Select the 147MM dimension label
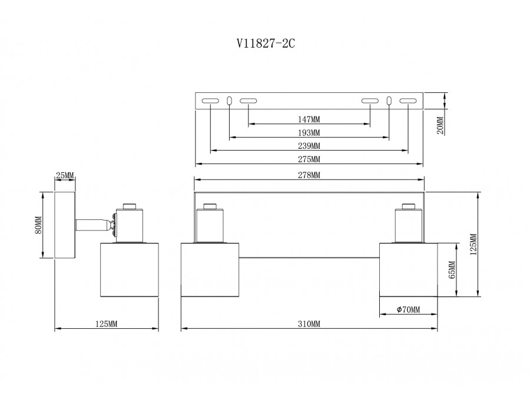click(309, 119)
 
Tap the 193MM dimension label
click(309, 132)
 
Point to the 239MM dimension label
click(309, 146)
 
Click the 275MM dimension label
click(309, 159)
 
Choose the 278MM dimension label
click(309, 175)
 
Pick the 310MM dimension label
click(309, 324)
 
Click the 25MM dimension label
click(65, 176)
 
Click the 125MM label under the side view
click(107, 324)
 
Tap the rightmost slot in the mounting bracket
click(408, 102)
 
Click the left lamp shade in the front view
click(210, 271)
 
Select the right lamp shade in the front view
click(408, 271)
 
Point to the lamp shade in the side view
click(130, 271)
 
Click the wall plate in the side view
click(64, 224)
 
